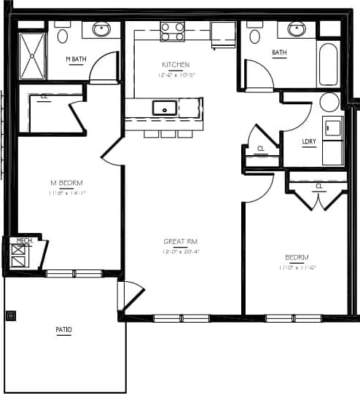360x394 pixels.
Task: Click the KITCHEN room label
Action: coord(174,65)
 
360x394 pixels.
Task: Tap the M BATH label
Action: coord(76,59)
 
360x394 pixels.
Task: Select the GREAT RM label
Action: coord(181,241)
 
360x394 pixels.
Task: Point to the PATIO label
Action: coord(64,330)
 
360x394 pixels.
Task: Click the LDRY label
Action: coord(309,141)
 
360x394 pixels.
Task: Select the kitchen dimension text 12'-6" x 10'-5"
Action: coord(175,74)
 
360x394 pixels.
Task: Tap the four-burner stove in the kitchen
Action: coord(173,31)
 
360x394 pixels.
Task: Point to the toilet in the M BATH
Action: coord(63,34)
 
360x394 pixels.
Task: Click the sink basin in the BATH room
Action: coord(296,29)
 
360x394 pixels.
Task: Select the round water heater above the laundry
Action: coord(329,102)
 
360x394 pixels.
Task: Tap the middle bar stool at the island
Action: coord(168,133)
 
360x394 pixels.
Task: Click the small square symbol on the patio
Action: coord(11,316)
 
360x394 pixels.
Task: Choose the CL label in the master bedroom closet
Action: coord(44,96)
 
